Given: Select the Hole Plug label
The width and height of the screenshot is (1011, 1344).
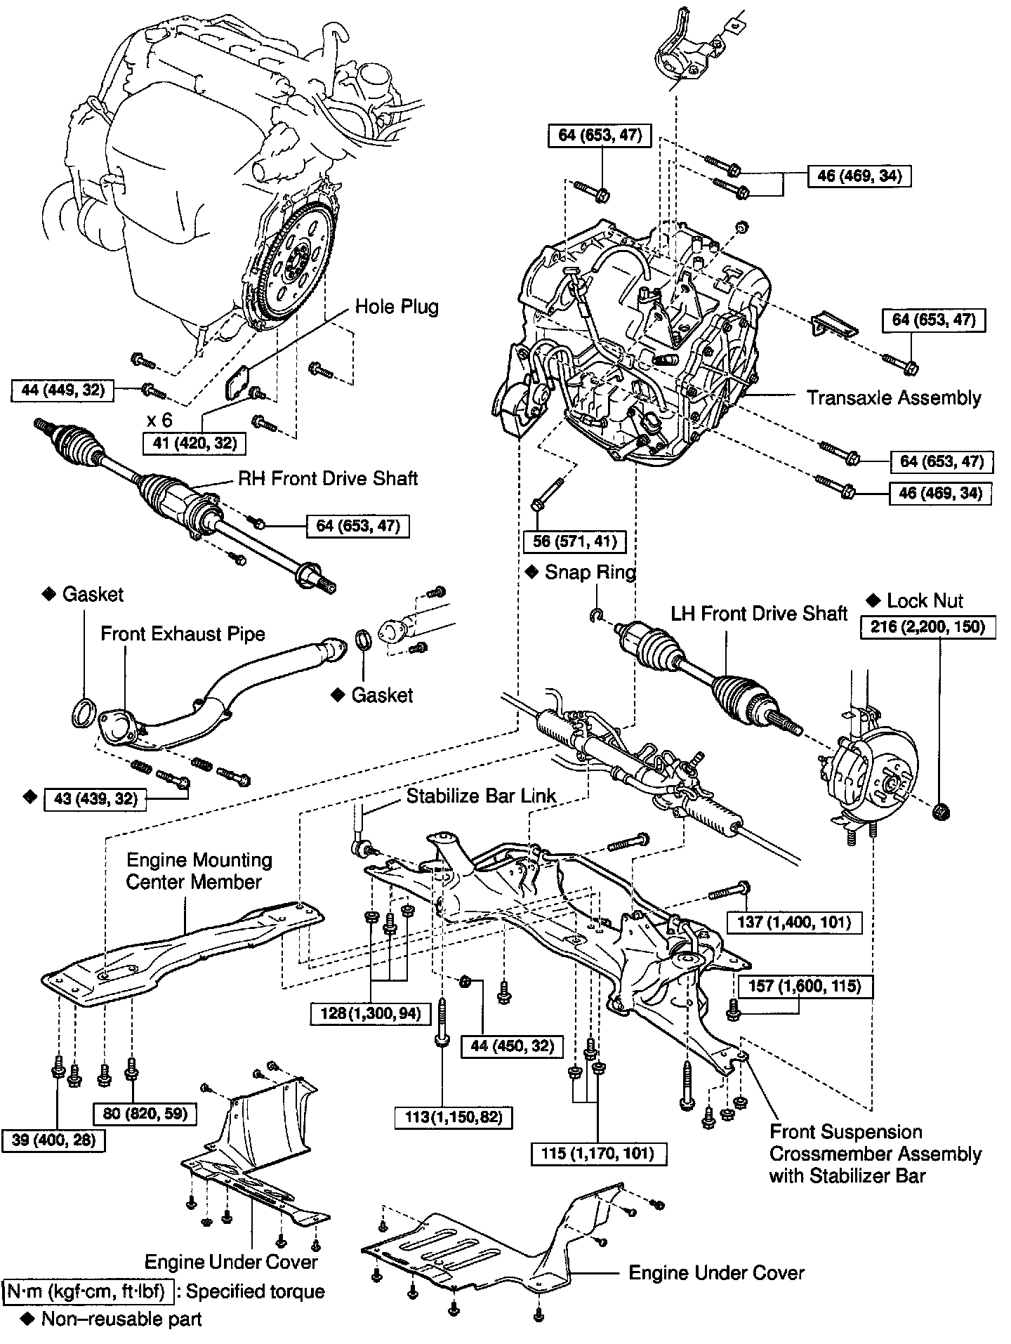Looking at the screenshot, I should [x=397, y=307].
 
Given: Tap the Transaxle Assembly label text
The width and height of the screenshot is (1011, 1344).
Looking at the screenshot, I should [x=894, y=397].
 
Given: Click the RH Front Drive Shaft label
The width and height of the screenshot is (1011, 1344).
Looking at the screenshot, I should [x=328, y=478].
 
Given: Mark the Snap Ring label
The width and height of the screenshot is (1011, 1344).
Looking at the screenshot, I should [x=590, y=572].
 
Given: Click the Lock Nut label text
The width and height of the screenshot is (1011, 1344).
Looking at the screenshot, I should [x=925, y=600].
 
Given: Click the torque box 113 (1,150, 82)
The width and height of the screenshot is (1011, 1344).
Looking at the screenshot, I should [x=449, y=1116].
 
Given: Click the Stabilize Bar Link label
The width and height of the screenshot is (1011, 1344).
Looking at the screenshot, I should [x=481, y=796].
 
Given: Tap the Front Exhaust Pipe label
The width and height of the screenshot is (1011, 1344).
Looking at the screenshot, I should [x=183, y=633].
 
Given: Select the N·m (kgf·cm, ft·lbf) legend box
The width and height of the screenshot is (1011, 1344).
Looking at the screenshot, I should [x=85, y=1291].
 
